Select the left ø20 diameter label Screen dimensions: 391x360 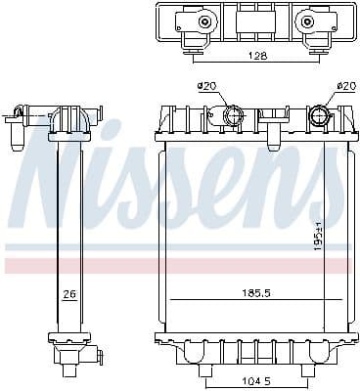tap(206, 87)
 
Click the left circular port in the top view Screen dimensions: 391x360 tap(203, 22)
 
